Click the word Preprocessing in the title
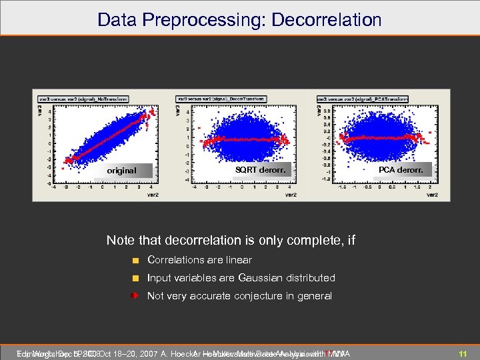pyautogui.click(x=200, y=19)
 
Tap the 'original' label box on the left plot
pyautogui.click(x=121, y=171)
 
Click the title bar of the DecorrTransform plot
pyautogui.click(x=221, y=99)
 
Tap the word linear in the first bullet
pyautogui.click(x=238, y=260)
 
